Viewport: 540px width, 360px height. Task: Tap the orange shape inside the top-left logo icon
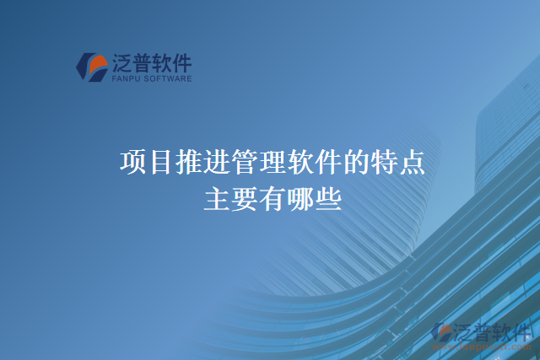(x=94, y=66)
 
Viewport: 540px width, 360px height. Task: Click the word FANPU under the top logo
(x=126, y=79)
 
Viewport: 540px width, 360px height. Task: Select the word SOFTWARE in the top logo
(x=169, y=79)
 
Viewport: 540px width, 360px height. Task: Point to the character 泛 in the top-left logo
(x=122, y=63)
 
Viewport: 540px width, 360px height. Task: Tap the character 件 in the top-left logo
(x=181, y=63)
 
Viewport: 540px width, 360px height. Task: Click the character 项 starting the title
(x=133, y=161)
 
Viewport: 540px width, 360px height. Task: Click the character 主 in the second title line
(x=217, y=199)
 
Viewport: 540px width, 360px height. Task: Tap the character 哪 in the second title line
(x=300, y=199)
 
